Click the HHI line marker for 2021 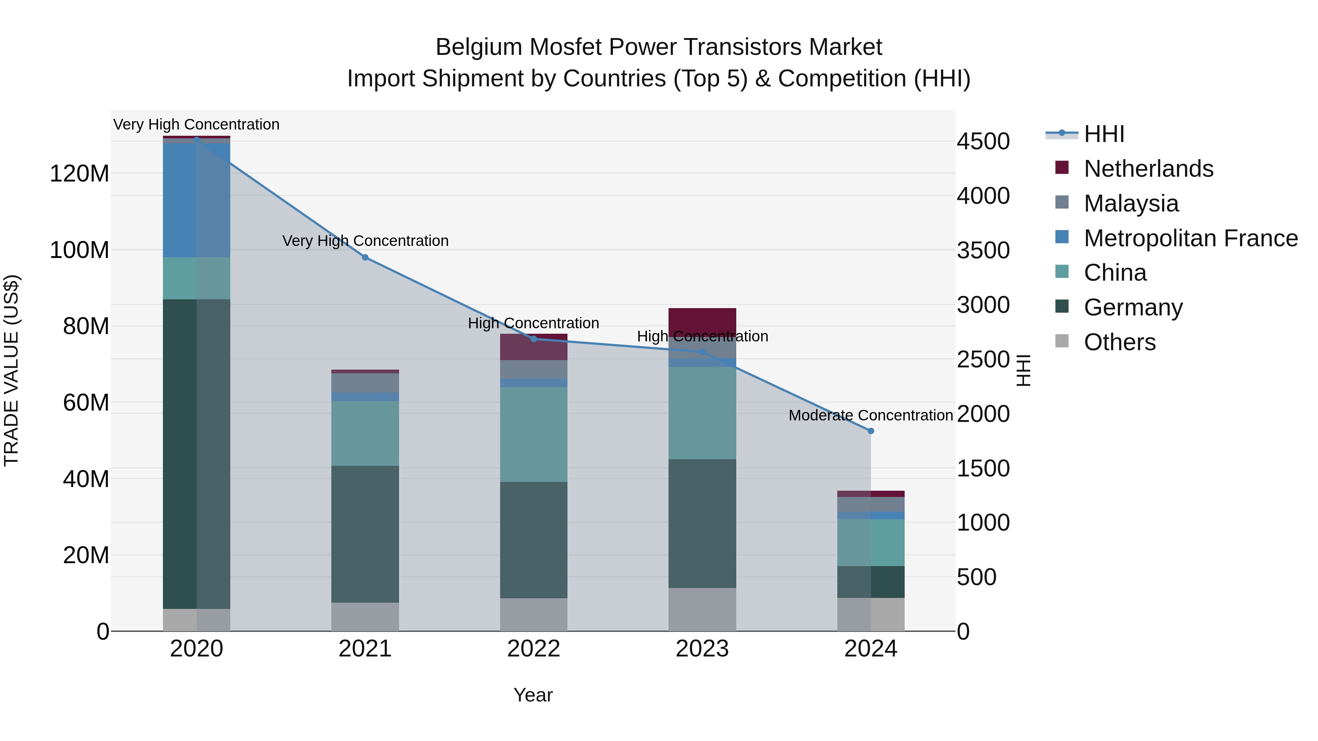pos(365,257)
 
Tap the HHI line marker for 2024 pos(871,431)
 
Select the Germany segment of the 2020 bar pos(197,454)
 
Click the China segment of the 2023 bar pos(702,413)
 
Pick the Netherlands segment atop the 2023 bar pos(702,322)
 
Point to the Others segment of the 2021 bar pos(365,617)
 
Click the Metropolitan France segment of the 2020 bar pos(197,200)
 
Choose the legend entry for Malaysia pos(1131,203)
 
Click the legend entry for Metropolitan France pos(1190,238)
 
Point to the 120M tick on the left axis pos(79,174)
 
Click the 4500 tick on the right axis pos(983,142)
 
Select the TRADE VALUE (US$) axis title pos(11,370)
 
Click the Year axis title pos(533,695)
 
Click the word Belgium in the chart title pos(479,47)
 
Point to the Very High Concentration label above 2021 pos(365,241)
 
